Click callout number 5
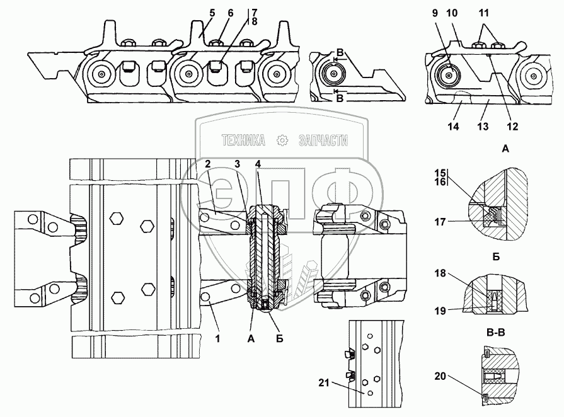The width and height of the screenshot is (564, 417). [195, 12]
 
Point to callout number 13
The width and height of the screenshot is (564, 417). [483, 126]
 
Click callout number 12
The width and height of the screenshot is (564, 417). [512, 126]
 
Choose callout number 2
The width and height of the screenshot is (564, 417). [206, 164]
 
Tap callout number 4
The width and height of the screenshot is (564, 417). [258, 164]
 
